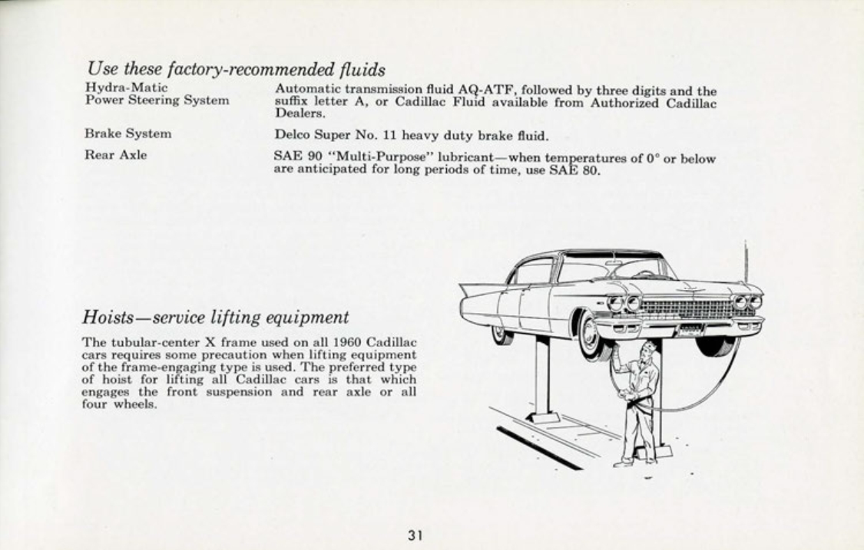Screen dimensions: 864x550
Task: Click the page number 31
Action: coord(415,535)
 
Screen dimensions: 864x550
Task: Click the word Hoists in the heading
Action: coord(108,318)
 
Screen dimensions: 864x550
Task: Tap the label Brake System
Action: coord(127,133)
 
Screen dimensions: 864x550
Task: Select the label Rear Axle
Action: coord(116,155)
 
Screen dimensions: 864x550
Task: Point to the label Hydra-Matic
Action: coord(126,88)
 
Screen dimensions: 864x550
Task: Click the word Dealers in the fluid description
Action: coord(300,114)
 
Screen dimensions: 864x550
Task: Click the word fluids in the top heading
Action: coord(362,69)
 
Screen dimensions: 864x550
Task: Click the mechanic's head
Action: coord(648,350)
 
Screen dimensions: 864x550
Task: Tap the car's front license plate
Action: coord(691,331)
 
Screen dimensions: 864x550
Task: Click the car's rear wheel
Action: coord(502,334)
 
